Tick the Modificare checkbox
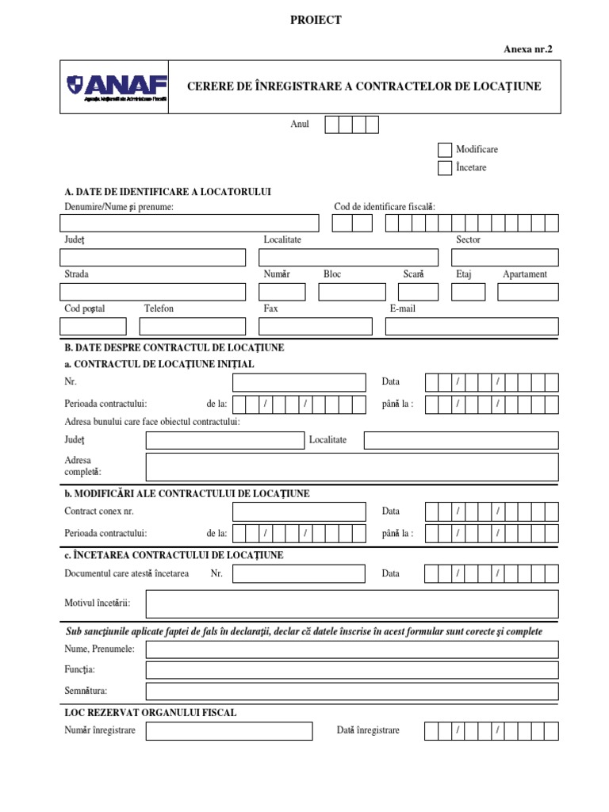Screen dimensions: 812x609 tap(445, 150)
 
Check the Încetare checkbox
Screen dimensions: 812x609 tap(445, 168)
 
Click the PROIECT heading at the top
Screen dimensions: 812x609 tap(316, 21)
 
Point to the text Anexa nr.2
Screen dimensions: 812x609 tap(527, 49)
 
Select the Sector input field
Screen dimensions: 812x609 tap(504, 258)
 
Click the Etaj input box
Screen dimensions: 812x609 tap(468, 292)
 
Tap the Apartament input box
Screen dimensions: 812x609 tap(527, 292)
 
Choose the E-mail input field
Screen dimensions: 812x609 tap(472, 326)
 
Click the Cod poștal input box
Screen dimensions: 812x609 tap(93, 326)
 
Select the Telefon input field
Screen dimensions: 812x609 tap(192, 326)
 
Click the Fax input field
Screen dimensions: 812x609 tap(315, 326)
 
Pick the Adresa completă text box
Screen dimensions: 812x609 tap(352, 467)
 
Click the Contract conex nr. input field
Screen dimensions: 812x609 tap(299, 512)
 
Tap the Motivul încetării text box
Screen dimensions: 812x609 tap(352, 604)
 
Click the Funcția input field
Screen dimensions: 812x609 tap(352, 670)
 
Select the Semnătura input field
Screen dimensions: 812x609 tap(352, 691)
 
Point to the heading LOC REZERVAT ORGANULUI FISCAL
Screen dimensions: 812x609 tap(150, 713)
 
